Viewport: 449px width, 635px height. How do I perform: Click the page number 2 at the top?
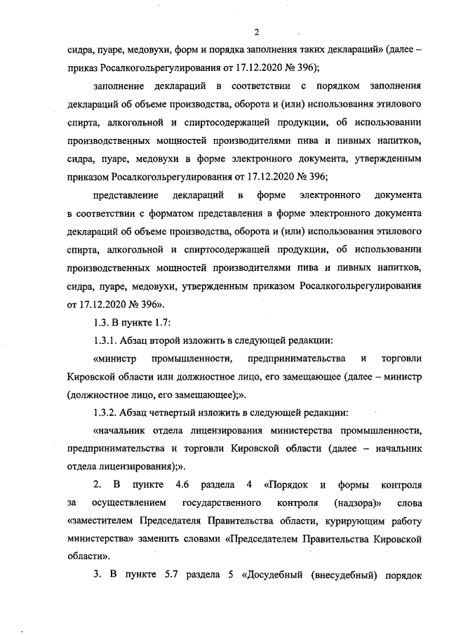tap(257, 32)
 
